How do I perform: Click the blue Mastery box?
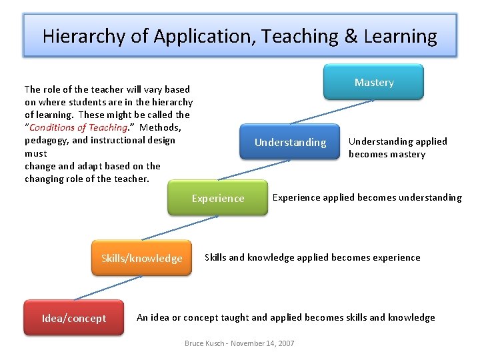(373, 82)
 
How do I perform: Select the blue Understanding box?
(290, 142)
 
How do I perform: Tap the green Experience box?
(217, 198)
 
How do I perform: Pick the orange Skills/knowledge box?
(141, 258)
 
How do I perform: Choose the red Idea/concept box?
(73, 318)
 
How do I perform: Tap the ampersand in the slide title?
(351, 36)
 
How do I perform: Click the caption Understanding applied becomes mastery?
(397, 147)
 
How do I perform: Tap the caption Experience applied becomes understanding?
(367, 197)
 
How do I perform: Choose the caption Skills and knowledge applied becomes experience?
(312, 257)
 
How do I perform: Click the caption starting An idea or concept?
(285, 317)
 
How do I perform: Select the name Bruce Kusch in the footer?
(205, 343)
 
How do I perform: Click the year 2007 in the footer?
(285, 343)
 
